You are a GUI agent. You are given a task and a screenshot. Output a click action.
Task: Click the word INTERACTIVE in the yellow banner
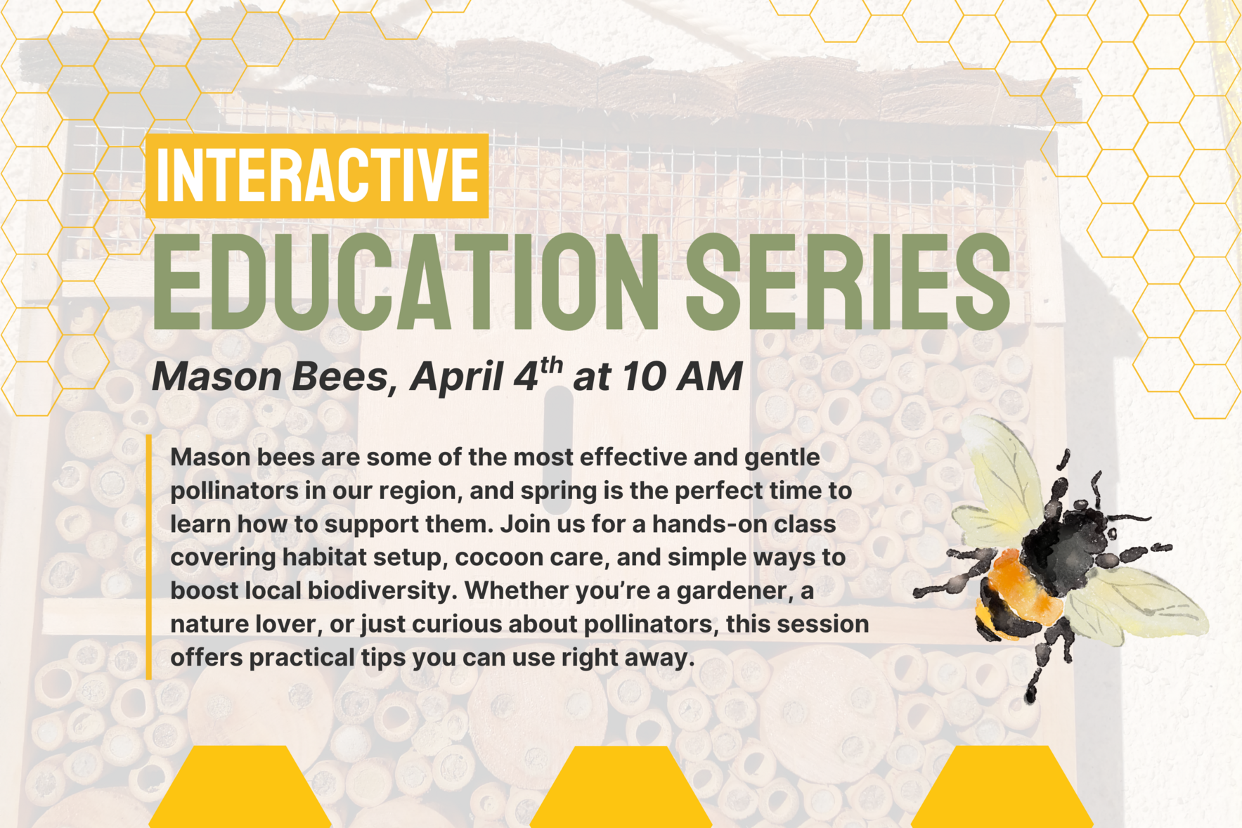pos(317,175)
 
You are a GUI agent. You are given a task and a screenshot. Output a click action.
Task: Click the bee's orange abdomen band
pos(1018,583)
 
